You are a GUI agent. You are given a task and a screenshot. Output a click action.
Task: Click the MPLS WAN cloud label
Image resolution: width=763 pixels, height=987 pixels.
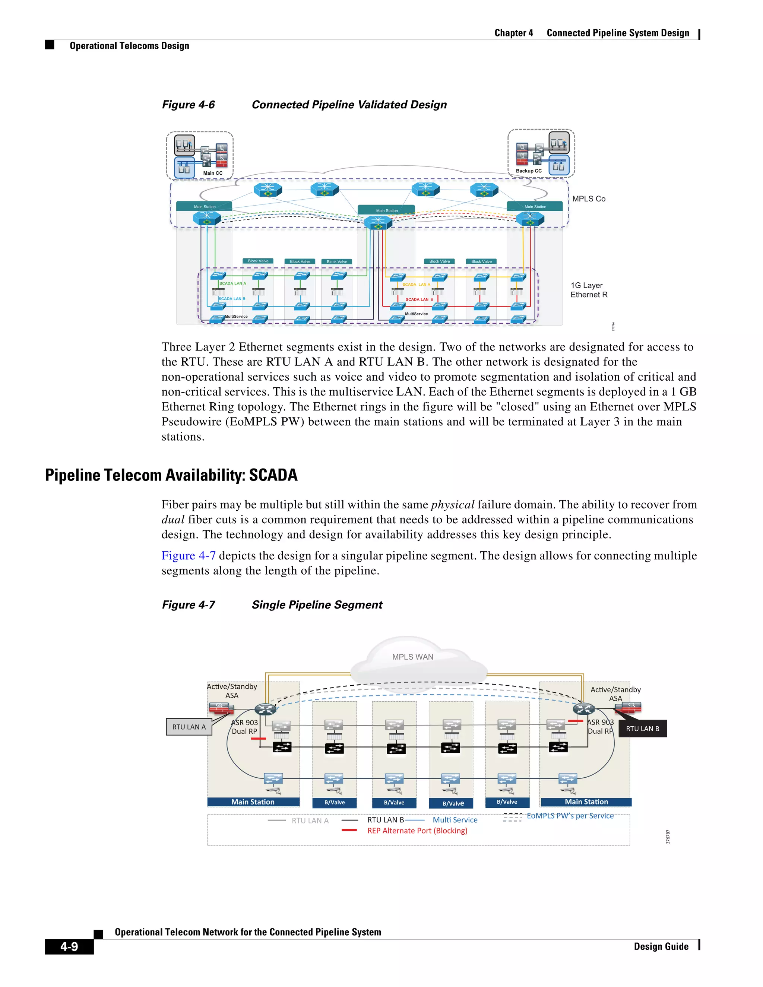coord(412,657)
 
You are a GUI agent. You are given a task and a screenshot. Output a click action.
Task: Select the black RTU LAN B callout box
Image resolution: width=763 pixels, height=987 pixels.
coord(642,729)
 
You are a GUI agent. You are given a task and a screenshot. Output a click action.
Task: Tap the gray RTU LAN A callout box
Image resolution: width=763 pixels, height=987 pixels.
coord(189,727)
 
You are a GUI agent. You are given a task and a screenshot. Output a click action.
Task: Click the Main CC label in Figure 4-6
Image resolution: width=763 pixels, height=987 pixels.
coord(212,173)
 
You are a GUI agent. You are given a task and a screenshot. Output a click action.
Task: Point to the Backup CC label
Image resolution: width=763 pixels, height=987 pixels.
coord(528,171)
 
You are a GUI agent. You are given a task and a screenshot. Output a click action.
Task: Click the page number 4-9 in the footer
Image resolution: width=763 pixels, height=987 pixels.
coord(69,946)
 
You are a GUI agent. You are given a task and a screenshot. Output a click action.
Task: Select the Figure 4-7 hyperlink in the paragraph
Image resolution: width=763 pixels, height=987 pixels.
coord(189,555)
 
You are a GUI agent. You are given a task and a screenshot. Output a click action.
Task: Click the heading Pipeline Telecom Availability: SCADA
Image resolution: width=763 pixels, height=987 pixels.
coord(171,475)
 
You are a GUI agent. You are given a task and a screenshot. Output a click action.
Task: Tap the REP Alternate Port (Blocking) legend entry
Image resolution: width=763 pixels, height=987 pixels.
coord(417,831)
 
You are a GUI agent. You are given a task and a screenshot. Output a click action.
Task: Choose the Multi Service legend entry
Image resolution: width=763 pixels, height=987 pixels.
coord(455,820)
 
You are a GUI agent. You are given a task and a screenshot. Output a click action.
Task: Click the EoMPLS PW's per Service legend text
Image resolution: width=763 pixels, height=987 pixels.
coord(570,816)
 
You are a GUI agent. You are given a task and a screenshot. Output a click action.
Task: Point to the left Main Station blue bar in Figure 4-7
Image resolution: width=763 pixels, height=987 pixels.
coord(253,802)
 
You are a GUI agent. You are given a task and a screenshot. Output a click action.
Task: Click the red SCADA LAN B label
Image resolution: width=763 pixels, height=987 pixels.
coord(419,299)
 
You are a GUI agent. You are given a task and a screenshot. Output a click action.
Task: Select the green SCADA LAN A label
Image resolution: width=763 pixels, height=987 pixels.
coord(233,283)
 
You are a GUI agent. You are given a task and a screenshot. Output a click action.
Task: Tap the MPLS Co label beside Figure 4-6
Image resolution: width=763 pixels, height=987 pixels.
coord(589,199)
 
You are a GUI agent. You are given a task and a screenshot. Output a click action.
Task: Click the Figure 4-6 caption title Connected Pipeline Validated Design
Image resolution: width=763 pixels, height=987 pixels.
coord(349,105)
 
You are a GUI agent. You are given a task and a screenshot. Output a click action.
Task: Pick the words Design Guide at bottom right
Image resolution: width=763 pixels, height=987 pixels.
coord(661,946)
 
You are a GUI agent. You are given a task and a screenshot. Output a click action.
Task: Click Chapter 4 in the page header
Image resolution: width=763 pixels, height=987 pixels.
coord(513,33)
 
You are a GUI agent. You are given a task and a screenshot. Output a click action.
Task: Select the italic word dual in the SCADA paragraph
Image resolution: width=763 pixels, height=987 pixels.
coord(172,520)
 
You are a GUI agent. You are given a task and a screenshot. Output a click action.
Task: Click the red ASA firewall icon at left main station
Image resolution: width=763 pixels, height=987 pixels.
coord(221,708)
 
